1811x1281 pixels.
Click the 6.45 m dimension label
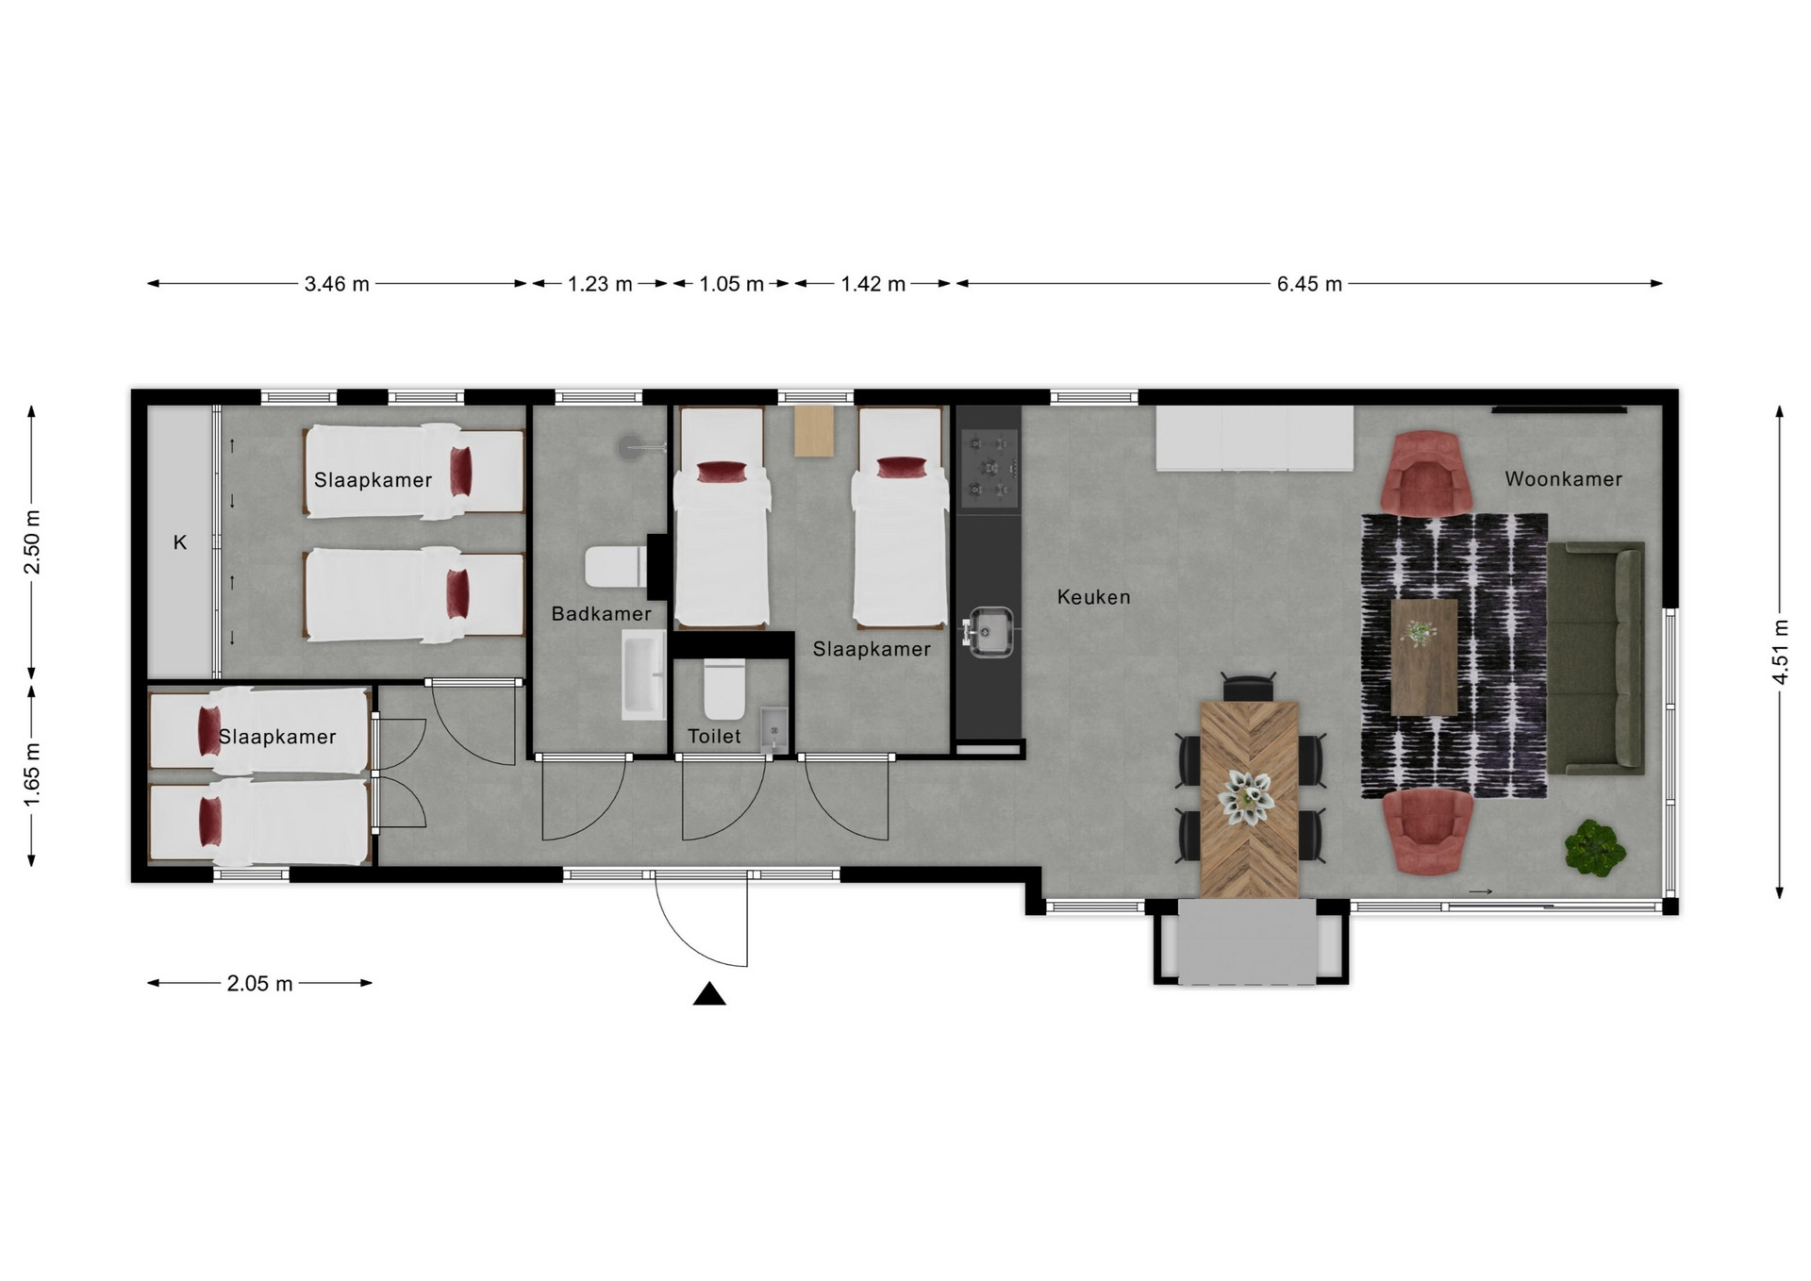click(x=1309, y=284)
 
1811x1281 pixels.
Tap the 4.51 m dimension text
click(x=1780, y=652)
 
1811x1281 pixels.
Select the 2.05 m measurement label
click(x=259, y=984)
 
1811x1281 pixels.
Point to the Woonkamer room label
click(x=1563, y=479)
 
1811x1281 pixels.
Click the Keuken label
click(x=1093, y=597)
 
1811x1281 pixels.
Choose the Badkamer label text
click(x=602, y=614)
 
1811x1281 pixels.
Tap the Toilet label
click(x=714, y=737)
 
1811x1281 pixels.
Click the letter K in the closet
click(x=180, y=542)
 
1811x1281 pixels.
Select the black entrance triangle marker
click(x=709, y=994)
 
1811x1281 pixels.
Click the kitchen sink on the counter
click(x=988, y=631)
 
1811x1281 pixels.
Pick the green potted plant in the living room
click(x=1595, y=847)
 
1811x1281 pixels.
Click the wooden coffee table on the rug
click(x=1424, y=657)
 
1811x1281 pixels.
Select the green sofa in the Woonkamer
click(x=1596, y=657)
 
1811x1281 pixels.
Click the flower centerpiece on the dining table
click(x=1249, y=798)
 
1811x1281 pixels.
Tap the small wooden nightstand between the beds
click(x=815, y=431)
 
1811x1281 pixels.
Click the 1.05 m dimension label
click(x=731, y=284)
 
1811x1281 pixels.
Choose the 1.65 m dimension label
click(x=32, y=774)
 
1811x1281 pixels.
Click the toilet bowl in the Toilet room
click(x=724, y=690)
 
